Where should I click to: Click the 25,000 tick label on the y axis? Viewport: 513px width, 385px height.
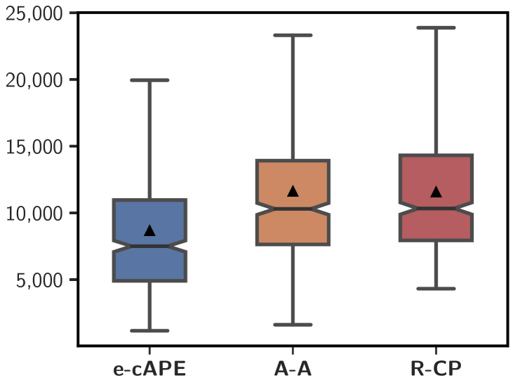(33, 13)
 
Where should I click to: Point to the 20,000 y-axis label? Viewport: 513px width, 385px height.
(33, 80)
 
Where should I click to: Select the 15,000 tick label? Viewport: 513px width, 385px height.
(33, 146)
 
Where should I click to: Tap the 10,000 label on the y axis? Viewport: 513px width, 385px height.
(33, 213)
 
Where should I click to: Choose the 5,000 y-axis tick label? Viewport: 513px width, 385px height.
(39, 280)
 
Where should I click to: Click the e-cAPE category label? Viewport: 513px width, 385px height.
(149, 370)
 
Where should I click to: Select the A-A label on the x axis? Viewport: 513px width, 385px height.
(293, 370)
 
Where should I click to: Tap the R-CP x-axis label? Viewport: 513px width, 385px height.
(436, 370)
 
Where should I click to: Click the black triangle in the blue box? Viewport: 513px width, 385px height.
(149, 230)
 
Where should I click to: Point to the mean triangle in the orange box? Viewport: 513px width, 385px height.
(293, 190)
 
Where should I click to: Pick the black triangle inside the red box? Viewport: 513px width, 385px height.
(436, 191)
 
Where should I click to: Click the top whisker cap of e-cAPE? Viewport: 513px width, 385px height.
(149, 80)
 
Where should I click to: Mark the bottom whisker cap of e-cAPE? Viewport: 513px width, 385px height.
(149, 330)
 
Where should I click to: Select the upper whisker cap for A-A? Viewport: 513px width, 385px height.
(293, 35)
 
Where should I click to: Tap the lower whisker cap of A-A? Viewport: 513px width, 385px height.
(293, 325)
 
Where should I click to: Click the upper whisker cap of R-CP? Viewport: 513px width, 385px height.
(436, 28)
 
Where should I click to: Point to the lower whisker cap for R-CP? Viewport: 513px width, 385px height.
(436, 289)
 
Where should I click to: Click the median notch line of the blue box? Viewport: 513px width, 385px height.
(149, 246)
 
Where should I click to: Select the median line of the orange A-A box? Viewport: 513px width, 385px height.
(293, 209)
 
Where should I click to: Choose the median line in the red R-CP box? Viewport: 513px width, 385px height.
(436, 208)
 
